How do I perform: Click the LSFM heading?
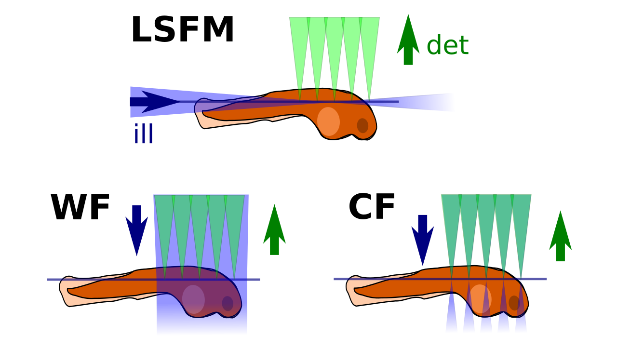click(183, 29)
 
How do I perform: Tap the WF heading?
click(80, 207)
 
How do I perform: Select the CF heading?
click(372, 206)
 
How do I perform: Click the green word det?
click(448, 45)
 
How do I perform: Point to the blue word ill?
click(143, 134)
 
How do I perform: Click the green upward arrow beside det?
click(408, 40)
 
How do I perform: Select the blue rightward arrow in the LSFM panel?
click(155, 102)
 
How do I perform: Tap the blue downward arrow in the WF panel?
click(136, 230)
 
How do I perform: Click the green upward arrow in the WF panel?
click(274, 229)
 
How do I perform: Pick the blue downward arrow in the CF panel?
click(423, 240)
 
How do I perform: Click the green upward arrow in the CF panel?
click(560, 236)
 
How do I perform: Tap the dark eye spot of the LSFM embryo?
click(362, 126)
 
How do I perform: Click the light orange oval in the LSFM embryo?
click(328, 121)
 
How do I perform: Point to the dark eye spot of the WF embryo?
click(228, 304)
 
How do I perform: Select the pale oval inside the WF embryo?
click(193, 299)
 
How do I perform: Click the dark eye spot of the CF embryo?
click(514, 303)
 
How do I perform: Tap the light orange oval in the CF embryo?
click(480, 299)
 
